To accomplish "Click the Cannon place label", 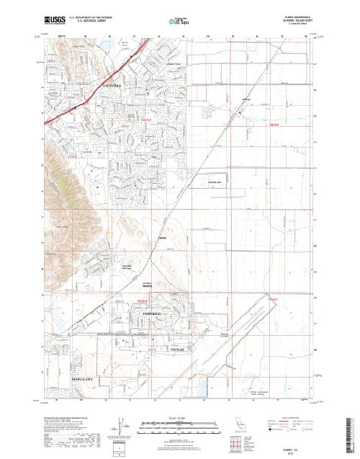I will [162, 238].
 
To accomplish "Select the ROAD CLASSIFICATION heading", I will [293, 418].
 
